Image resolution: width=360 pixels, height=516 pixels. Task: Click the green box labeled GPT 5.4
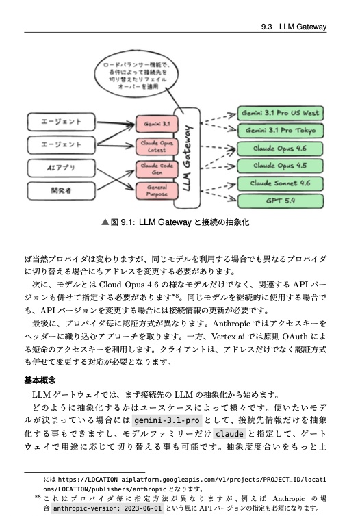tap(279, 201)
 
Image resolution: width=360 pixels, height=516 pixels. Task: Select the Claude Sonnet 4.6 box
tap(279, 183)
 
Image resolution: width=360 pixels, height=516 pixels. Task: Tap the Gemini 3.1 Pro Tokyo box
tap(279, 130)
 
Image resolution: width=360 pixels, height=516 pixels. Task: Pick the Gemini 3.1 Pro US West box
tap(279, 112)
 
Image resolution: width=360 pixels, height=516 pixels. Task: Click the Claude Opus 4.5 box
tap(279, 166)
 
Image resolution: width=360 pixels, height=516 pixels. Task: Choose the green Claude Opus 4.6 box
tap(279, 148)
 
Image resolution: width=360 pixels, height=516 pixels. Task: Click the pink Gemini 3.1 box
tap(157, 124)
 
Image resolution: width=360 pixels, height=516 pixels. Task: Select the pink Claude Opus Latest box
tap(157, 146)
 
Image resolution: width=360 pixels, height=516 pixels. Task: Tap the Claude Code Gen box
tap(157, 168)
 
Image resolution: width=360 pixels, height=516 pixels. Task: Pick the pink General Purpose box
tap(157, 190)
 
